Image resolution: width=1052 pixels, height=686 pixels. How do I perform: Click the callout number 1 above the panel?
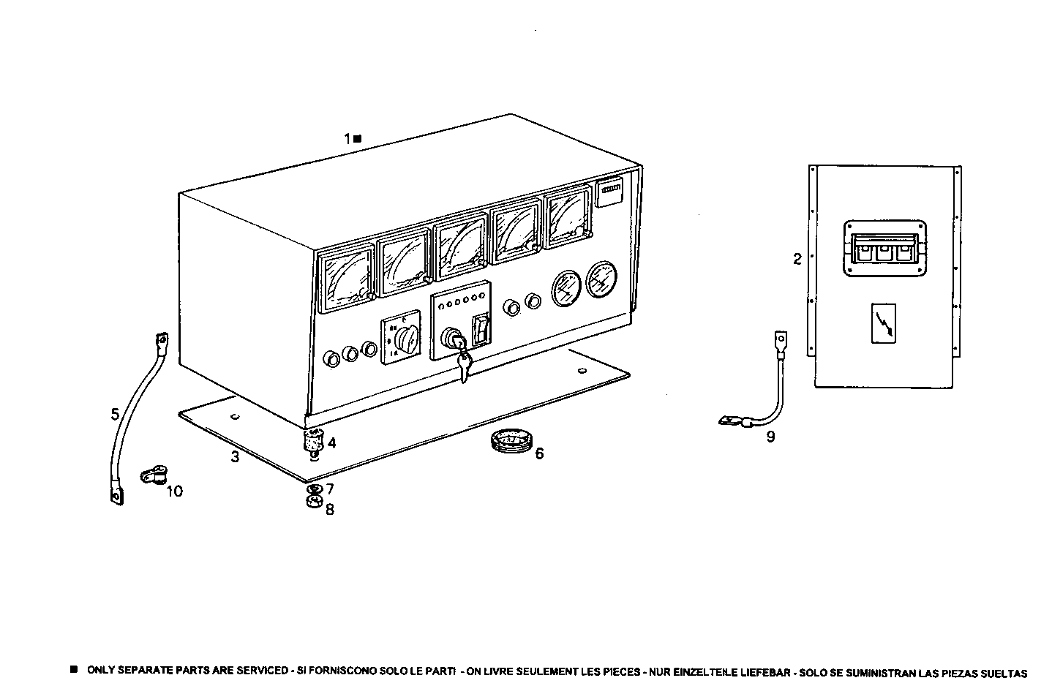coord(348,137)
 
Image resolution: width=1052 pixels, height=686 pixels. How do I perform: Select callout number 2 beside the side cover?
coord(797,258)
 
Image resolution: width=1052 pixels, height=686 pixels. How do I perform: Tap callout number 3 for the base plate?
coord(235,457)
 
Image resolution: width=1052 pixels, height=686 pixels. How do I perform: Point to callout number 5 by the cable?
coord(115,414)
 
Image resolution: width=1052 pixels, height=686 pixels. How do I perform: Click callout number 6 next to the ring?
coord(539,453)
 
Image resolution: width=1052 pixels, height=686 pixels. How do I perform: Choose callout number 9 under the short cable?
coord(770,437)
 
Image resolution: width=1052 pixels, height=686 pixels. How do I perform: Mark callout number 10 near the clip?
coord(174,491)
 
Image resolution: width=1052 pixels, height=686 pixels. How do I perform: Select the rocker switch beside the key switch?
coord(480,331)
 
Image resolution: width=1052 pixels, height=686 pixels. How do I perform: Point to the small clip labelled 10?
coord(151,477)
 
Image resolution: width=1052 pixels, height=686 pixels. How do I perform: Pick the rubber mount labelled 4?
coord(314,441)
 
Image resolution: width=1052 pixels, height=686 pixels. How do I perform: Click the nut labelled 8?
coord(314,502)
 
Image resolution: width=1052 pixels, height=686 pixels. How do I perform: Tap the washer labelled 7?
coord(314,489)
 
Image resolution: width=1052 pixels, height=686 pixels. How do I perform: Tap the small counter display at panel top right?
coord(610,193)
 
